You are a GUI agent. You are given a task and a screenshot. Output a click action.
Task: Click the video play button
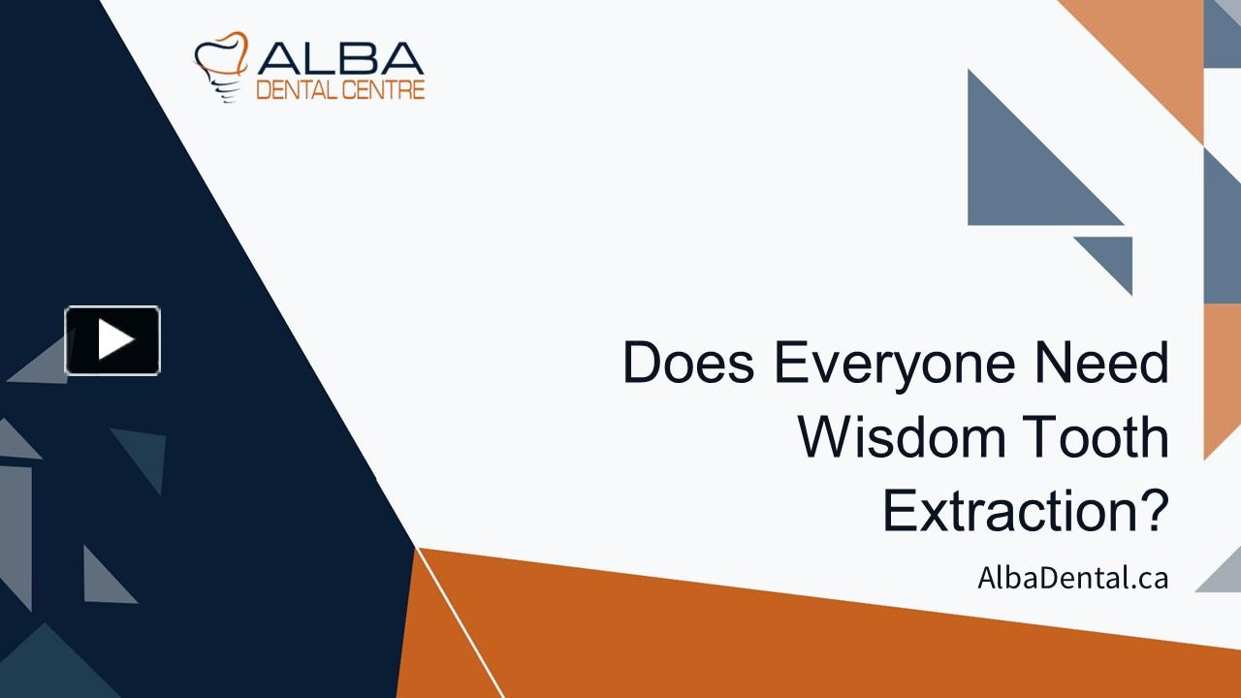click(x=112, y=340)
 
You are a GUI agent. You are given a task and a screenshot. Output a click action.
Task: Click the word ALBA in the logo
click(x=340, y=59)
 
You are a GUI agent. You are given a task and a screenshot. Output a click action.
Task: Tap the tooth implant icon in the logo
click(x=221, y=66)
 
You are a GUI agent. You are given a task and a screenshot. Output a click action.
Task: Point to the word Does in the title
click(x=689, y=364)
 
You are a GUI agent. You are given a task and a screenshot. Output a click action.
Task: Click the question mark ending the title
click(x=1151, y=511)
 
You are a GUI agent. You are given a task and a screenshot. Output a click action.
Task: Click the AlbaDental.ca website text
click(x=1072, y=579)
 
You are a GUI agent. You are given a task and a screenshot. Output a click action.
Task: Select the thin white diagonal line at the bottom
click(x=461, y=625)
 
